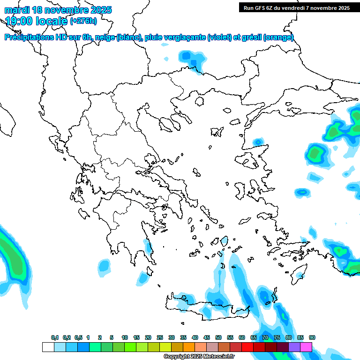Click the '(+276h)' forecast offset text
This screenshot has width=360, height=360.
(83, 21)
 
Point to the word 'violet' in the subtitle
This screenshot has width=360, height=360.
(219, 37)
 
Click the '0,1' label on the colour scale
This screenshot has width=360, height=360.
(55, 337)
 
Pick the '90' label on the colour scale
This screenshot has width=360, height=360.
(312, 337)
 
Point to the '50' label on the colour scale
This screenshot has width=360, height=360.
(218, 337)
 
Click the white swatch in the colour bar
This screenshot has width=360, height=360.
(48, 347)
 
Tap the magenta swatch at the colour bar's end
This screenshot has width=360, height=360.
(306, 347)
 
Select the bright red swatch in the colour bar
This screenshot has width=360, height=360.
(247, 347)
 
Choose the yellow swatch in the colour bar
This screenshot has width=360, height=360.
(165, 347)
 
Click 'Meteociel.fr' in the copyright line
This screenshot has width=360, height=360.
(219, 357)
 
